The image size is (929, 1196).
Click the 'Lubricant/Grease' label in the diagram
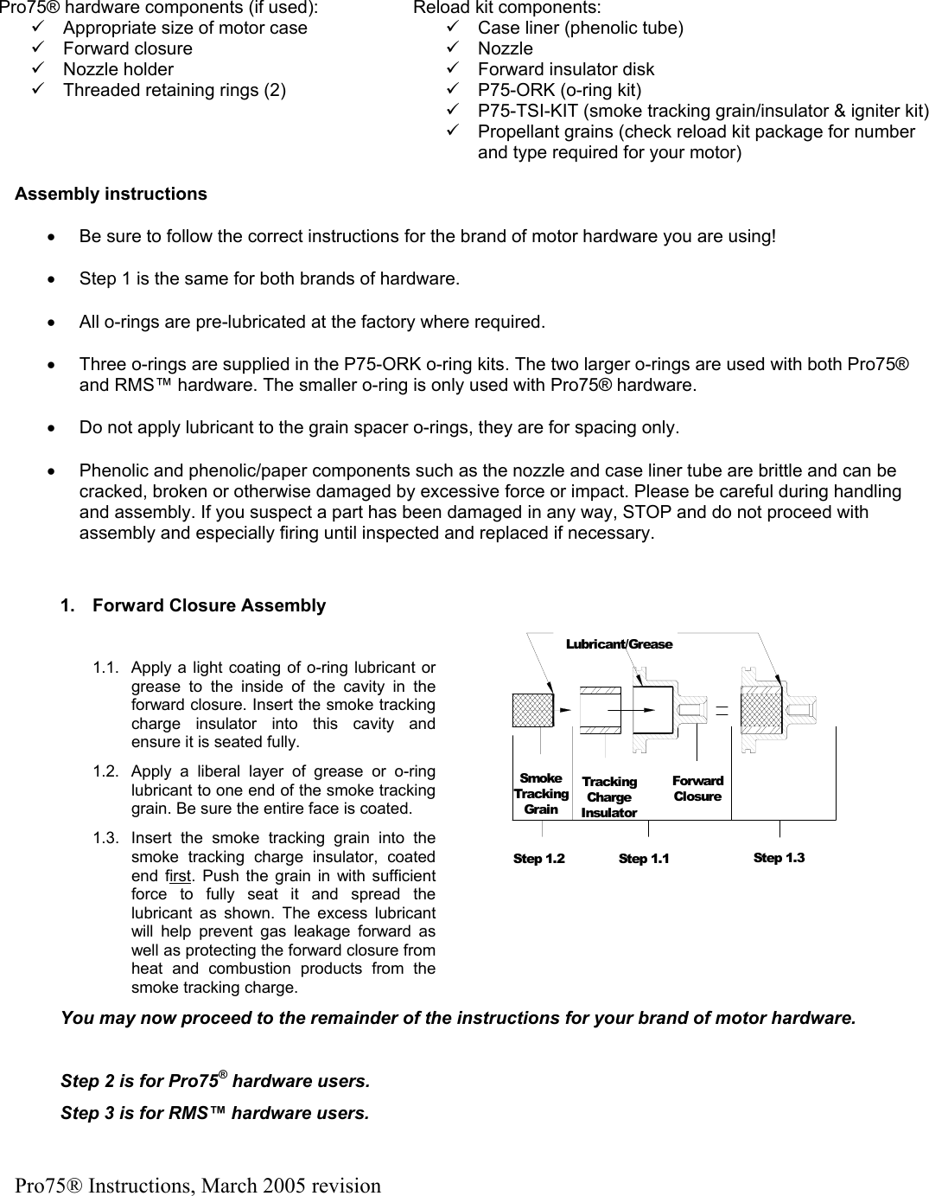click(619, 644)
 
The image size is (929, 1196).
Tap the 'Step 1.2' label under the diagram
click(538, 859)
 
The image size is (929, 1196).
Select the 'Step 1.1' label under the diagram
click(644, 859)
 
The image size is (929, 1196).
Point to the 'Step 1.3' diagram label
click(779, 858)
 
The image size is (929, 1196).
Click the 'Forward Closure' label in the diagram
click(697, 789)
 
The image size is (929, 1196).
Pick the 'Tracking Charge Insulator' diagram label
click(609, 796)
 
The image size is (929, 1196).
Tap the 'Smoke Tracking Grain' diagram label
click(541, 794)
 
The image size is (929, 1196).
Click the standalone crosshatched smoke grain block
click(532, 709)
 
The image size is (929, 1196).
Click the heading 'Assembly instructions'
click(111, 194)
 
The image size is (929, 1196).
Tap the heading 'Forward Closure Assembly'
click(208, 605)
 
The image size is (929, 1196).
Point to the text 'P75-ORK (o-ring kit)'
click(559, 90)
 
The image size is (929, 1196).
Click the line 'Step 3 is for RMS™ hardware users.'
click(214, 1112)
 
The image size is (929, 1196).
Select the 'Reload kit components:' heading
click(507, 8)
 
